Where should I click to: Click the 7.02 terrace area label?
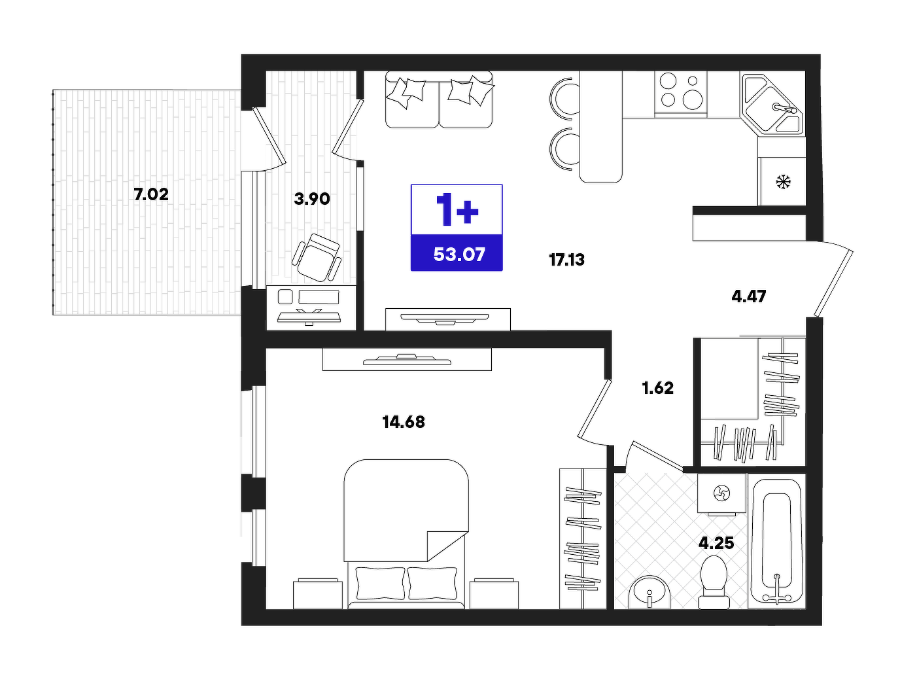tap(151, 194)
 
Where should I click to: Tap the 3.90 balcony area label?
tap(311, 199)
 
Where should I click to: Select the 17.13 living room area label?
tap(566, 260)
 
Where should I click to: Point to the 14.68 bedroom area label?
tap(404, 421)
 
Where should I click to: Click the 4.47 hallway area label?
tap(749, 296)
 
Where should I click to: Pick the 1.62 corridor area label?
tap(658, 388)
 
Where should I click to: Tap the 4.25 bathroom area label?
tap(716, 544)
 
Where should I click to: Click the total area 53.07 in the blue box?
tap(459, 255)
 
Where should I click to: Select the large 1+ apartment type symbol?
tap(457, 209)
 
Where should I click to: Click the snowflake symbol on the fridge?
tap(784, 182)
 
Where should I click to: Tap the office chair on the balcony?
tap(317, 257)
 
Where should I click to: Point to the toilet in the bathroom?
tap(714, 582)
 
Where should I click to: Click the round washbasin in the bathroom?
tap(649, 592)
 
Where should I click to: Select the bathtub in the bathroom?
tap(776, 541)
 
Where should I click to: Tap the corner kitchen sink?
tap(772, 105)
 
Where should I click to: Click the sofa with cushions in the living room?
tap(439, 99)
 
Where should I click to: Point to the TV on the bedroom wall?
tap(407, 360)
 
